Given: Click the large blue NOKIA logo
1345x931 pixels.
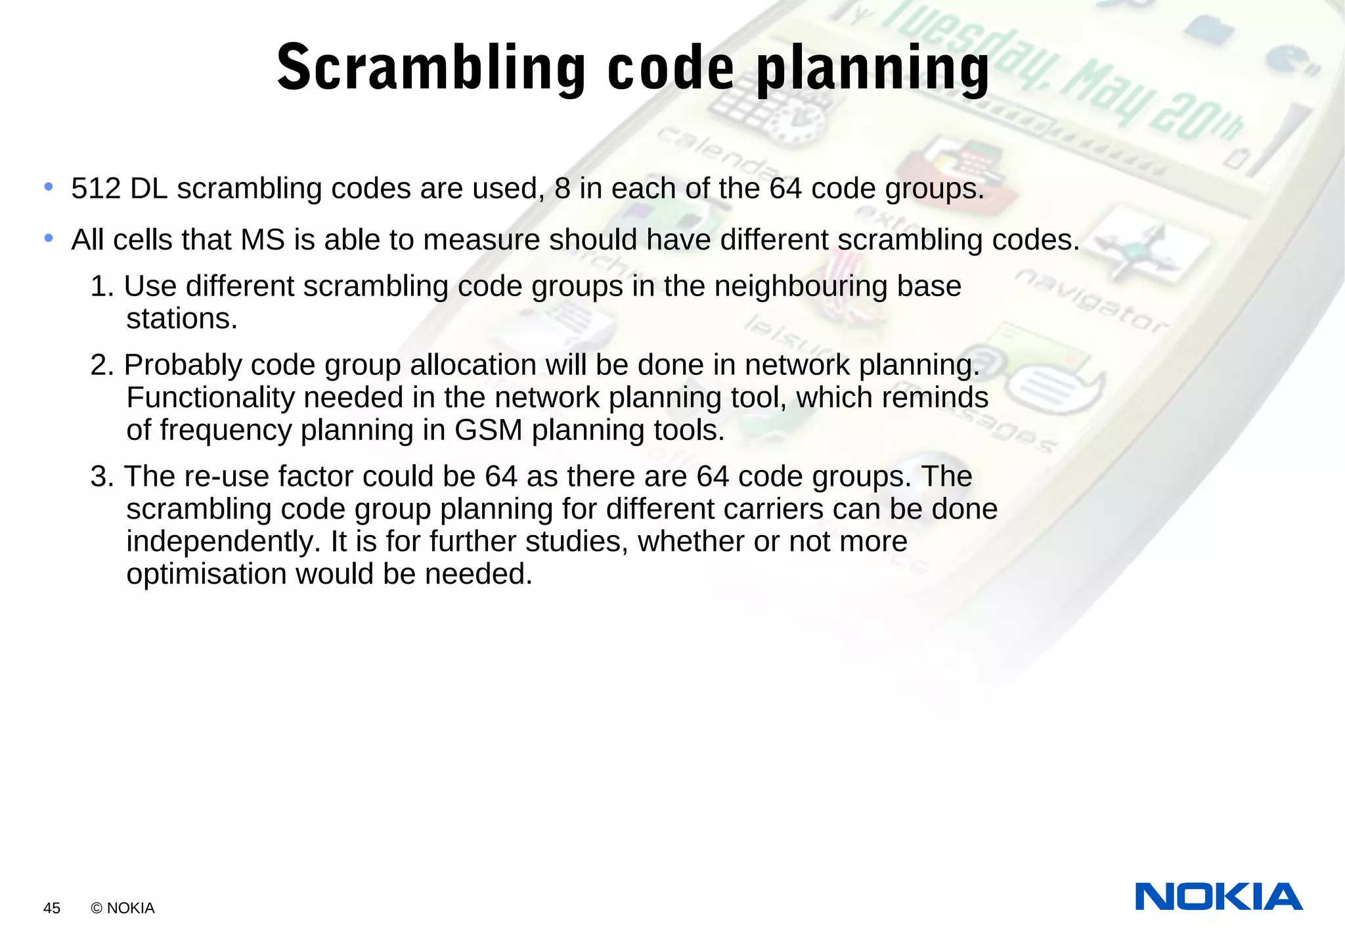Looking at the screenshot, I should (1218, 897).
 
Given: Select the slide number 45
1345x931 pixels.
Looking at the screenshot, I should (52, 908).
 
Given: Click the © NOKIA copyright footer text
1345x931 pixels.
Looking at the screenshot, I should (123, 908).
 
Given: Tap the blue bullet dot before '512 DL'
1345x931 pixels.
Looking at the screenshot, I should (49, 188).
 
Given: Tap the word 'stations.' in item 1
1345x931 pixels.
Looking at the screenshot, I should (181, 319).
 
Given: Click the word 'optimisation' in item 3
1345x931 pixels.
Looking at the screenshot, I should (206, 574).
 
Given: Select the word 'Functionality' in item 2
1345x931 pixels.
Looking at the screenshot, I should (209, 398).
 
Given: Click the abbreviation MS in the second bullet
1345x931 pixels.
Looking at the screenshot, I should (263, 240).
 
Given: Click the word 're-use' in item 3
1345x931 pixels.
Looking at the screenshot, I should (227, 477).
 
